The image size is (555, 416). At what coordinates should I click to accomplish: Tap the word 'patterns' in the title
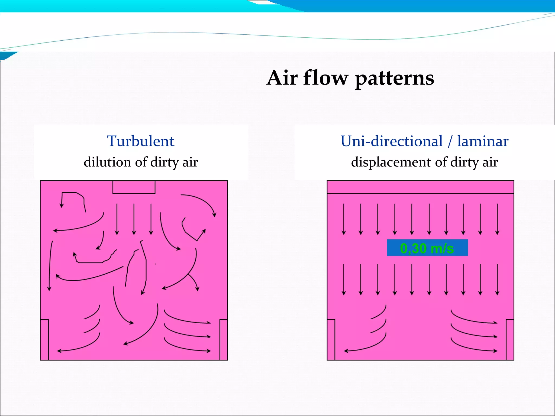pyautogui.click(x=395, y=79)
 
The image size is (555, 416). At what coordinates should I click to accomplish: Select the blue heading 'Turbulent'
pyautogui.click(x=141, y=141)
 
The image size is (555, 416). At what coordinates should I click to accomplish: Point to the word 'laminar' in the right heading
pyautogui.click(x=483, y=141)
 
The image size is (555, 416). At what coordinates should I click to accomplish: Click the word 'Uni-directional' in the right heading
pyautogui.click(x=392, y=141)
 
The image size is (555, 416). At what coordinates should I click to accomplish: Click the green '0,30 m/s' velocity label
pyautogui.click(x=427, y=248)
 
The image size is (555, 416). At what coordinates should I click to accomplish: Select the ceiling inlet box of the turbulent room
pyautogui.click(x=134, y=187)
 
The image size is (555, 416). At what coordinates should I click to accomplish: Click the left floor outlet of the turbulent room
pyautogui.click(x=44, y=340)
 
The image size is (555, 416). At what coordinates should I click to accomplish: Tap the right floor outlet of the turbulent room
pyautogui.click(x=224, y=340)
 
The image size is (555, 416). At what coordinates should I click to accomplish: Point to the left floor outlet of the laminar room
pyautogui.click(x=331, y=340)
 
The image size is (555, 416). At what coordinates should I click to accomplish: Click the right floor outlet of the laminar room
pyautogui.click(x=510, y=340)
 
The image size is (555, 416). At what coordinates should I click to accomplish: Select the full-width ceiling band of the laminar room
pyautogui.click(x=420, y=187)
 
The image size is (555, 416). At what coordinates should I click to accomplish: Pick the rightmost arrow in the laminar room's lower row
pyautogui.click(x=497, y=279)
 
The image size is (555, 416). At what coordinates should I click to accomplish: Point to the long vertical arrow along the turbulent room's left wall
pyautogui.click(x=50, y=265)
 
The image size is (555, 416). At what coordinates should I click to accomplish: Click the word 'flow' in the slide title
pyautogui.click(x=325, y=78)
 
